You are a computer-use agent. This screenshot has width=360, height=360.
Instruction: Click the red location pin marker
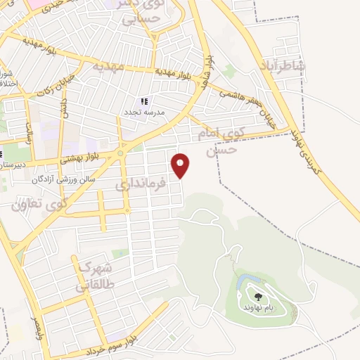point(181,165)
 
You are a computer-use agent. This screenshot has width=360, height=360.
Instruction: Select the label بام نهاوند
point(259,309)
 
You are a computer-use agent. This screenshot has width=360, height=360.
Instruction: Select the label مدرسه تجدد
point(144,112)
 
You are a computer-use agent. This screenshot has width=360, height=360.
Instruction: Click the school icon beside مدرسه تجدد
point(145,101)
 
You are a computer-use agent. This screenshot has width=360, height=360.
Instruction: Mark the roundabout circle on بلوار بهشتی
point(121,153)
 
